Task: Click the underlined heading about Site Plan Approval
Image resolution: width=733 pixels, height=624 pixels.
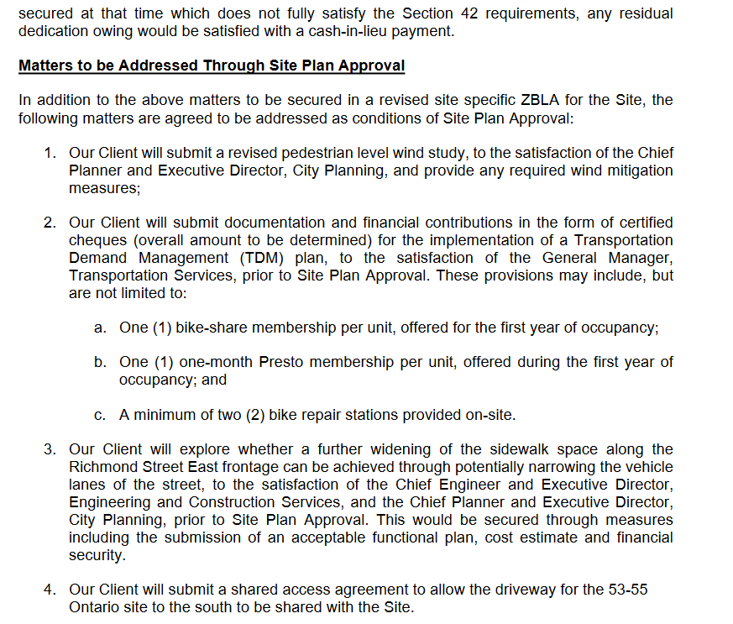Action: pyautogui.click(x=212, y=66)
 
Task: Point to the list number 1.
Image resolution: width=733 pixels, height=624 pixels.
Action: pyautogui.click(x=50, y=153)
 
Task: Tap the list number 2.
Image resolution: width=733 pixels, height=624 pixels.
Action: pyautogui.click(x=50, y=223)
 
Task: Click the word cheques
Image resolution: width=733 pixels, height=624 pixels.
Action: pyautogui.click(x=95, y=240)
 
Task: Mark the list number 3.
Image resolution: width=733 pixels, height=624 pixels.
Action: pyautogui.click(x=50, y=449)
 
